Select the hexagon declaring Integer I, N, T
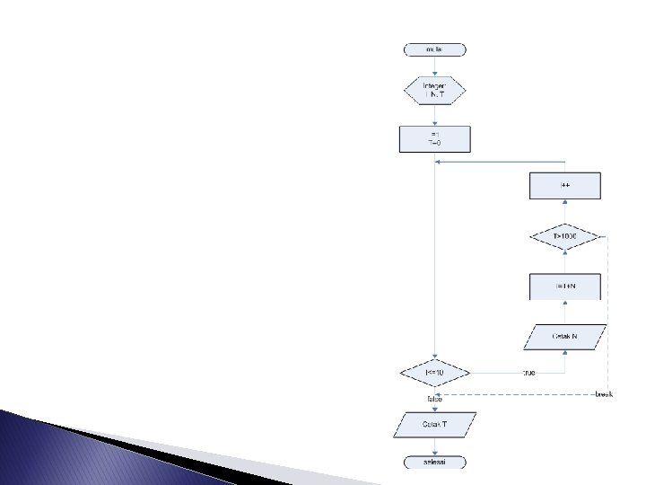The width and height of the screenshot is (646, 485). [434, 90]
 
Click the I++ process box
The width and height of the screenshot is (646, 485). [564, 186]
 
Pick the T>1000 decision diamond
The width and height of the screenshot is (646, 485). [564, 236]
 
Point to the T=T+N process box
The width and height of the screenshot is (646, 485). [564, 287]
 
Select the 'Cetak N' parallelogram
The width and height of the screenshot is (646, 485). [564, 337]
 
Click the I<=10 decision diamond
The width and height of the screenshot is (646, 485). [434, 372]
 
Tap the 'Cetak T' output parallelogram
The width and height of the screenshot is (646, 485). [434, 424]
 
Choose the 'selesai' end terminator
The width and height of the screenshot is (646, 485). [434, 462]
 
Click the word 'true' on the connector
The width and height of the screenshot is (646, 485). [528, 372]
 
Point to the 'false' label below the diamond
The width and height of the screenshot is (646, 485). [433, 398]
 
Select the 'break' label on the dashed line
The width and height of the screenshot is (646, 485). [604, 395]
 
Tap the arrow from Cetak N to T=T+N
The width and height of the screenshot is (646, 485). [564, 312]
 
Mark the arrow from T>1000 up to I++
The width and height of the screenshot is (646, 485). [564, 211]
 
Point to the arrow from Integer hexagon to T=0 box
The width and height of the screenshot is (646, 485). [434, 115]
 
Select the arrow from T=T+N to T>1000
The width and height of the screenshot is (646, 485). [564, 261]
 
